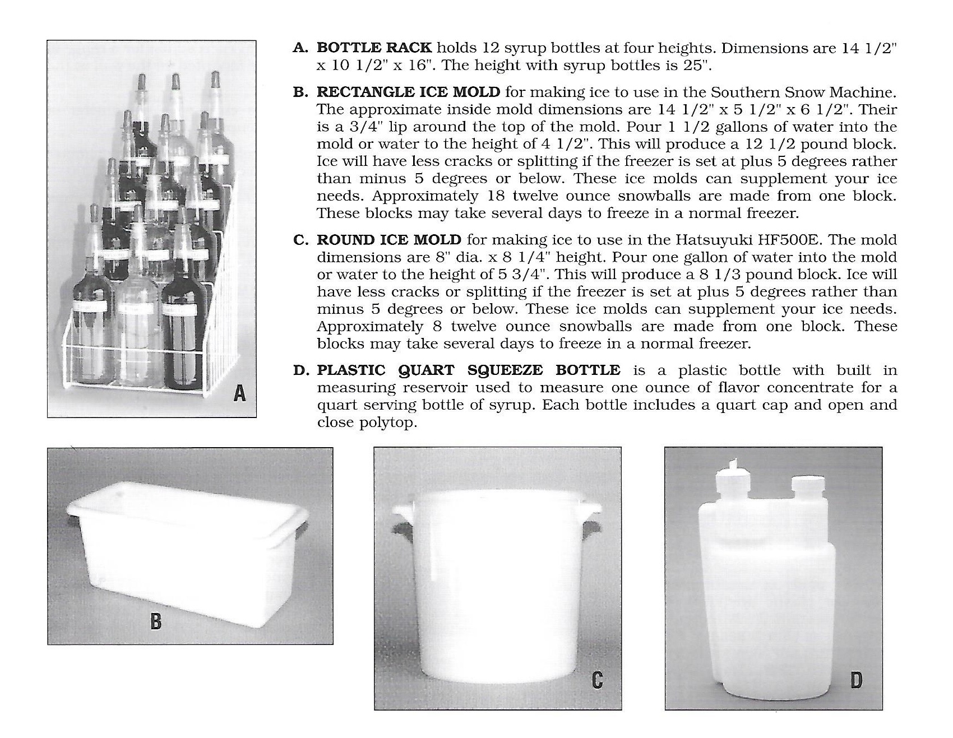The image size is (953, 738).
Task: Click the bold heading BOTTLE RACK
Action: pyautogui.click(x=374, y=48)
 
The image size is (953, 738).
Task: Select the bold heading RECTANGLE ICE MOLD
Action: pyautogui.click(x=408, y=91)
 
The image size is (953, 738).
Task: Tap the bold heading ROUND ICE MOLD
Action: pyautogui.click(x=388, y=240)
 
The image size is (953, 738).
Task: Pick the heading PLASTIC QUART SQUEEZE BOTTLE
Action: pyautogui.click(x=468, y=370)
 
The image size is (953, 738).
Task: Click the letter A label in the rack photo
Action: pyautogui.click(x=239, y=394)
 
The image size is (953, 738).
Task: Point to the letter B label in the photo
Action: pyautogui.click(x=156, y=621)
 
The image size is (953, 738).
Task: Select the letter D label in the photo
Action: pyautogui.click(x=856, y=680)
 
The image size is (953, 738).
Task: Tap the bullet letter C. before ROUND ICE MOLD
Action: pyautogui.click(x=300, y=240)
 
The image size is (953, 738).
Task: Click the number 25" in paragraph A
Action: pyautogui.click(x=698, y=65)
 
